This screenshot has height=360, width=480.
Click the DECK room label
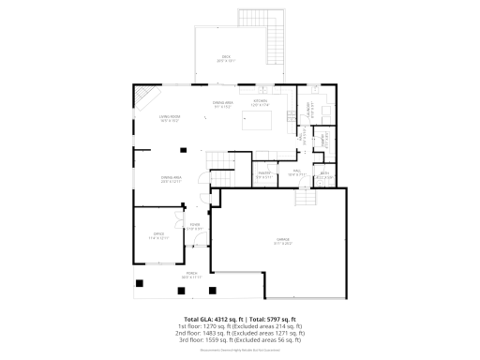[226, 57]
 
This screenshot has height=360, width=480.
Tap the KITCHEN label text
[261, 101]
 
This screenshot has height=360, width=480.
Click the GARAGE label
[282, 240]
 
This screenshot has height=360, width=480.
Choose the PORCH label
[191, 275]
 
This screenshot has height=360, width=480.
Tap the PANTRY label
[265, 172]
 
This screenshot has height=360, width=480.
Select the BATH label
[324, 172]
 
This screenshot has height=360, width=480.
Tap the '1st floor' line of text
[239, 326]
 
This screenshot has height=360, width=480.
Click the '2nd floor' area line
[239, 333]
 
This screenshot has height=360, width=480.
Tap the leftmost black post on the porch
[140, 283]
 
